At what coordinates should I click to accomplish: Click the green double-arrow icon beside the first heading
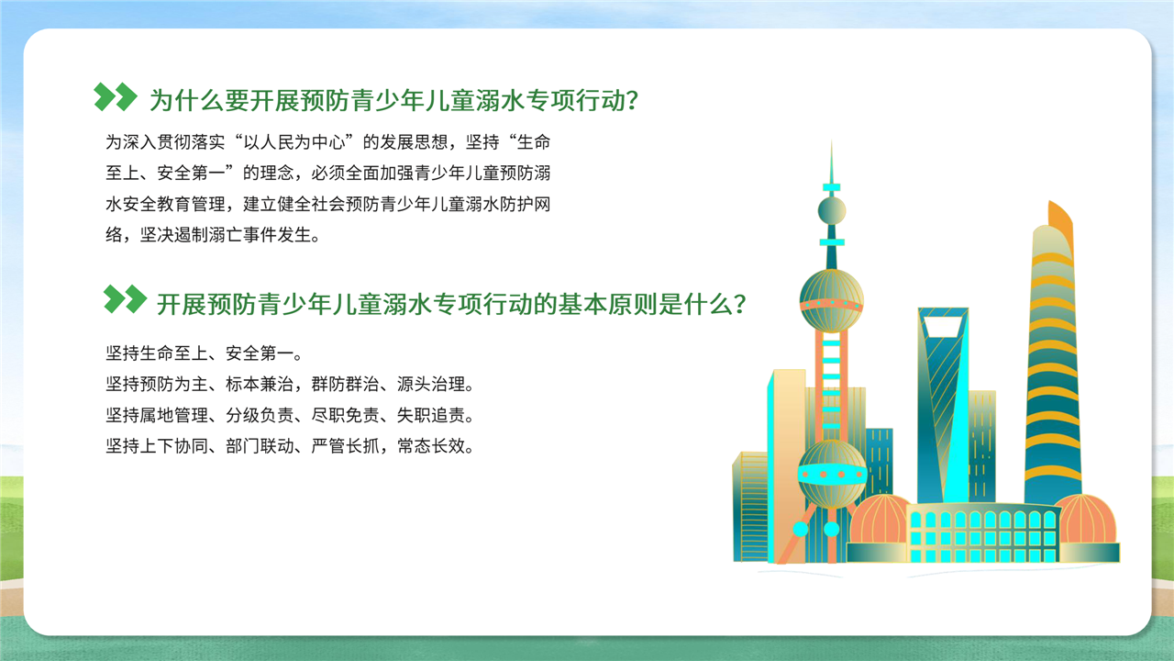pos(116,96)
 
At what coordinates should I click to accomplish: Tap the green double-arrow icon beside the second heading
pos(125,299)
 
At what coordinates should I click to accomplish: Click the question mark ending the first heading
pos(632,100)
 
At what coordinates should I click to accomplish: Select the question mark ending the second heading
pos(739,304)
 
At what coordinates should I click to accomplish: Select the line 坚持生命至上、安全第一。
pos(205,353)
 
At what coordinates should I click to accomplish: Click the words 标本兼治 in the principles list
pos(260,384)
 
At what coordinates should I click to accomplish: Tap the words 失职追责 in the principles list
pos(430,415)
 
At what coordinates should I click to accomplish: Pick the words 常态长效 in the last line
pos(431,446)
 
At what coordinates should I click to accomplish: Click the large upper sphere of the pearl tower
pos(831,300)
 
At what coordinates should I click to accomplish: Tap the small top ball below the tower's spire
pos(832,210)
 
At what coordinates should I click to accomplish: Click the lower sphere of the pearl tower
pos(832,475)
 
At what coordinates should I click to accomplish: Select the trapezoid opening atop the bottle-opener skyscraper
pos(943,327)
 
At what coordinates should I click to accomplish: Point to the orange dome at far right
pos(1086,519)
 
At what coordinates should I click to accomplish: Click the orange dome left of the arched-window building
pos(880,519)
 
